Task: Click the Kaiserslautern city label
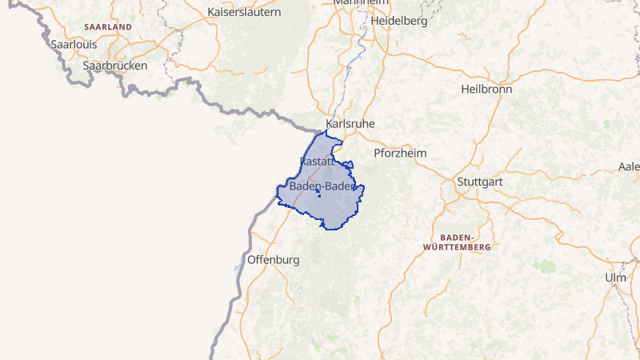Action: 244,12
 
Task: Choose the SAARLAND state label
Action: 107,27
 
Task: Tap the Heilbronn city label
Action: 486,89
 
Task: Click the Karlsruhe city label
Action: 350,124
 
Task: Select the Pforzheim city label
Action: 400,153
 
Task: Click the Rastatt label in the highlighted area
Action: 316,162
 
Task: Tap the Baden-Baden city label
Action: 322,186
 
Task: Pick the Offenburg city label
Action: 274,260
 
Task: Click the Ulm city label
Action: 615,277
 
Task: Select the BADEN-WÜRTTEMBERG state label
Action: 465,242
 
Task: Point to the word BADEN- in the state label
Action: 458,238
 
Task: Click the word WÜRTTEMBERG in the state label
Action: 465,248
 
